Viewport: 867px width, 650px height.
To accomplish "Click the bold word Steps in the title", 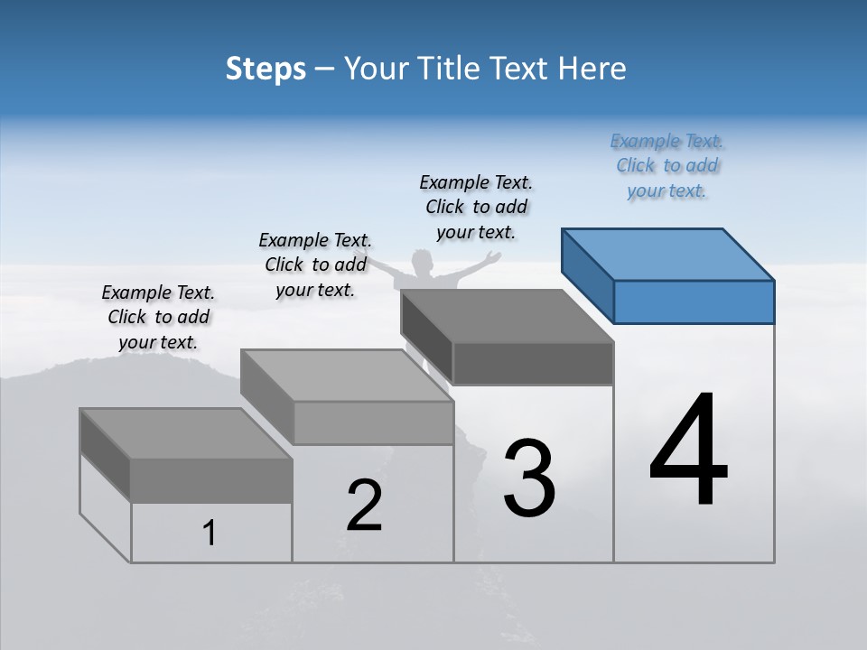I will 266,69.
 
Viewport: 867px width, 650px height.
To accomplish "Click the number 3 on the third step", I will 529,478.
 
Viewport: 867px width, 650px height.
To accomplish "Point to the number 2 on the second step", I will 365,506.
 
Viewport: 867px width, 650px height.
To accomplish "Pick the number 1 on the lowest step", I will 210,533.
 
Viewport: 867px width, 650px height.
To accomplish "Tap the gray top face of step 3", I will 506,316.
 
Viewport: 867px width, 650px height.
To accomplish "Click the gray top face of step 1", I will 185,433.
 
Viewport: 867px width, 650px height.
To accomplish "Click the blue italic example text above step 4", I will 667,165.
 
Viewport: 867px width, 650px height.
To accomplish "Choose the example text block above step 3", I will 476,207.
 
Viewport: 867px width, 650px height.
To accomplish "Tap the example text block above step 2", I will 315,265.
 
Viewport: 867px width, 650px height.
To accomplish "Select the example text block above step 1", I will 158,317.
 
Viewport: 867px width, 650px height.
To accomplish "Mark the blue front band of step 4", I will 694,302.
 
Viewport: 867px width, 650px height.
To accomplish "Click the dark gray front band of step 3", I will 533,363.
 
